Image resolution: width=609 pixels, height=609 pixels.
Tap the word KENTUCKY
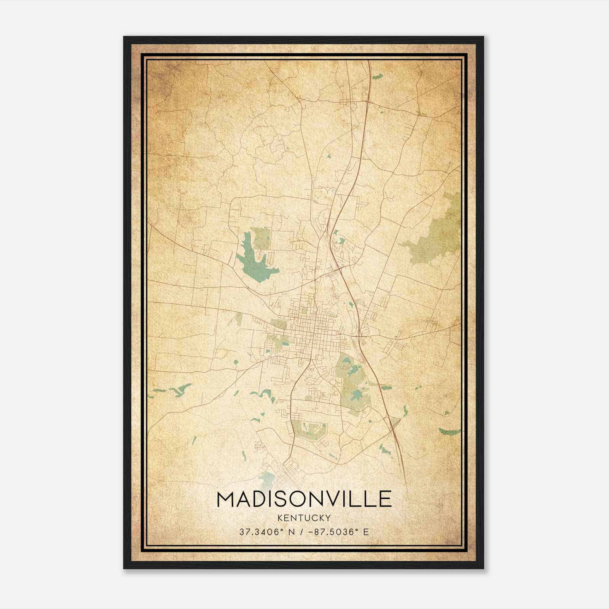[x=304, y=518]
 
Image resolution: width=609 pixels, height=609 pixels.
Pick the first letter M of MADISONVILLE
[x=225, y=499]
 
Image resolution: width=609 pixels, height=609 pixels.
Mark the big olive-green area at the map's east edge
[x=438, y=232]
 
